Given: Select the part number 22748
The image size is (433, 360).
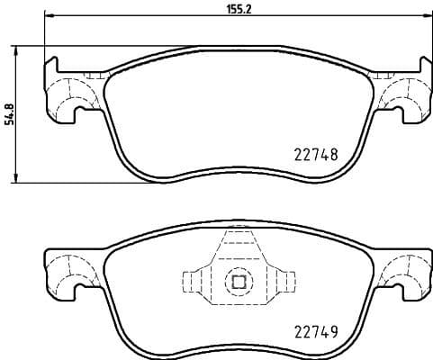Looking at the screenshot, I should pos(316,154).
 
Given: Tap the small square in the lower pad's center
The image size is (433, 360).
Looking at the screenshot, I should pos(239,282).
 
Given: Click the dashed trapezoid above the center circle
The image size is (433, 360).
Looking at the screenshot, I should pos(239,247).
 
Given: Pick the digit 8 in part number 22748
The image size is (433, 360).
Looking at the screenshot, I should pos(334,154).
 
